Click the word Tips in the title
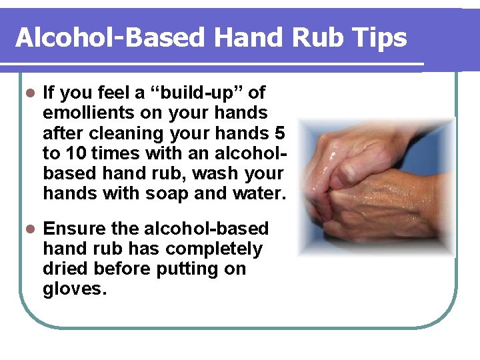click(381, 38)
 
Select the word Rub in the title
click(323, 38)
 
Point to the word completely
click(214, 249)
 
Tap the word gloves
click(75, 289)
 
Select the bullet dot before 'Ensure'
click(28, 229)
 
